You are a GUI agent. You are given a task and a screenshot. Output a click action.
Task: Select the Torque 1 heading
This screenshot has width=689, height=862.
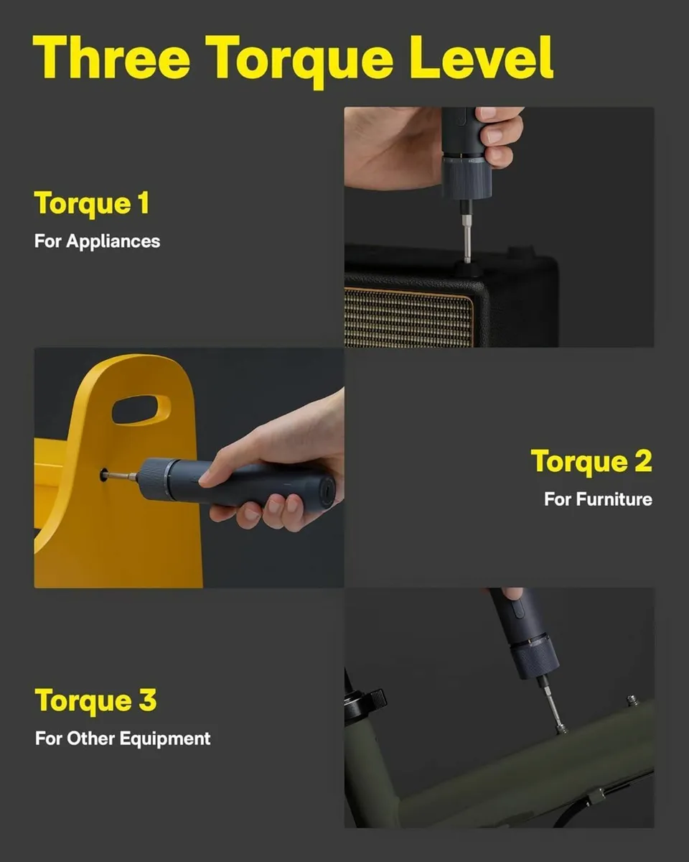click(92, 204)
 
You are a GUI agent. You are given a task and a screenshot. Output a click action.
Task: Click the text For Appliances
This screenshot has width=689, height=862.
click(98, 241)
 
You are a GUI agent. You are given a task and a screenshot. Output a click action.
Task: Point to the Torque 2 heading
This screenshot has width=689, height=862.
click(591, 461)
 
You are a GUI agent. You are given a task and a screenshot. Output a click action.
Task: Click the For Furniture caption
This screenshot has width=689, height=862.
click(598, 499)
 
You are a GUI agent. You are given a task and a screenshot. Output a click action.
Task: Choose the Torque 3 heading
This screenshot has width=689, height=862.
click(95, 700)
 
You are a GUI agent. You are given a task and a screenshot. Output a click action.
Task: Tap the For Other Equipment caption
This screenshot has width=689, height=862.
click(123, 738)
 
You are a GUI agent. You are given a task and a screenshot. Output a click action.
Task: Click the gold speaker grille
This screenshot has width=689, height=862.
click(409, 317)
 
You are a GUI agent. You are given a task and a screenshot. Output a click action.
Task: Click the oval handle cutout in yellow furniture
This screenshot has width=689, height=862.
click(141, 409)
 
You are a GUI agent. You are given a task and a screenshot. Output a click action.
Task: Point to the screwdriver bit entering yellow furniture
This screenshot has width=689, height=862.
click(118, 475)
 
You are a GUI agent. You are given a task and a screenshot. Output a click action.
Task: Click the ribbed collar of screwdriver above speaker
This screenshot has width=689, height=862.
click(466, 177)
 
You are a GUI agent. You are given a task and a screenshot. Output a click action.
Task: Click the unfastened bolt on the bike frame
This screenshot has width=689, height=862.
click(632, 700)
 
